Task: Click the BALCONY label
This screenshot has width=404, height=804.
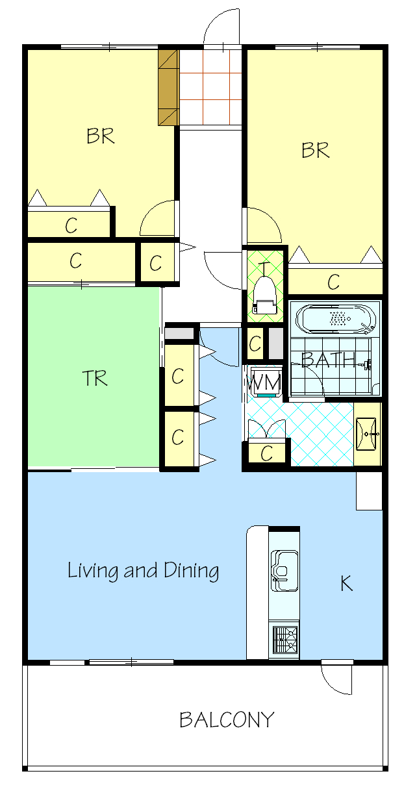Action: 227,720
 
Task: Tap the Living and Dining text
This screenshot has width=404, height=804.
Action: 144,570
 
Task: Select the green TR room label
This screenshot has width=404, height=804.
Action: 95,377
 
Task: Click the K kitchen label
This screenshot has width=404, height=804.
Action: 347,583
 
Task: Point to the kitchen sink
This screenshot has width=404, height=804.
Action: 284,571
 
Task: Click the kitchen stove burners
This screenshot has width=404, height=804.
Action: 285,640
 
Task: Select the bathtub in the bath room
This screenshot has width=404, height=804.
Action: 336,319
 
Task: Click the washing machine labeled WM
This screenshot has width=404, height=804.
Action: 265,382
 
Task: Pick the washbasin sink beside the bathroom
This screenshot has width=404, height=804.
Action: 366,434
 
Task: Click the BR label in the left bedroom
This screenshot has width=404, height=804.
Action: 101,136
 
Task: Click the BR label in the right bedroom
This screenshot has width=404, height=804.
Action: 315,150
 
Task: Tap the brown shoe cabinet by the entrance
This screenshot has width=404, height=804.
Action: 168,88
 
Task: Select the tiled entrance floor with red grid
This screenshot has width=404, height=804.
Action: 210,87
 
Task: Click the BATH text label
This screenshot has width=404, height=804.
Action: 328,360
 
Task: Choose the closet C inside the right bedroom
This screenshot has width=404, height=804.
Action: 335,282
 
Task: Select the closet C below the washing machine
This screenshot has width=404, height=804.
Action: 267,453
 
